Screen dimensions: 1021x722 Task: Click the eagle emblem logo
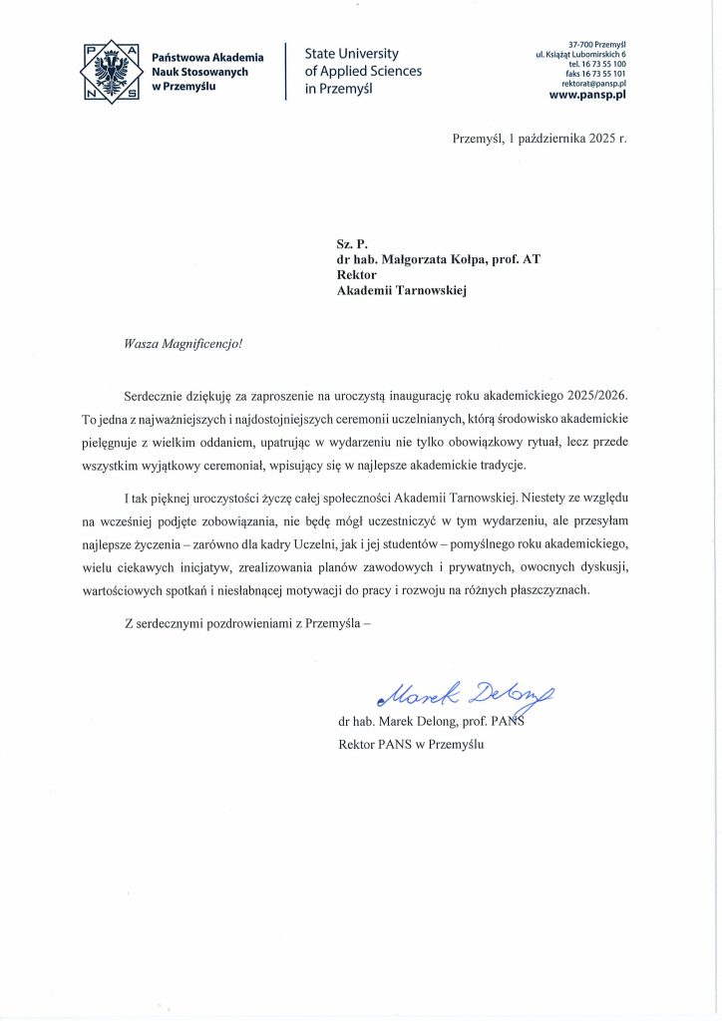111,71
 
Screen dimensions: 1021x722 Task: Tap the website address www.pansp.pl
587,96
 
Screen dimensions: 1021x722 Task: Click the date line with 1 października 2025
540,138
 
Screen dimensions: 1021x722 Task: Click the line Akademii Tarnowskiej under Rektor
402,291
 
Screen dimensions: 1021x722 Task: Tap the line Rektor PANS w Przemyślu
411,743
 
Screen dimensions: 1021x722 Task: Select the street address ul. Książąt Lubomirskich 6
581,54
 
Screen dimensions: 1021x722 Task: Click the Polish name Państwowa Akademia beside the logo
207,57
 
